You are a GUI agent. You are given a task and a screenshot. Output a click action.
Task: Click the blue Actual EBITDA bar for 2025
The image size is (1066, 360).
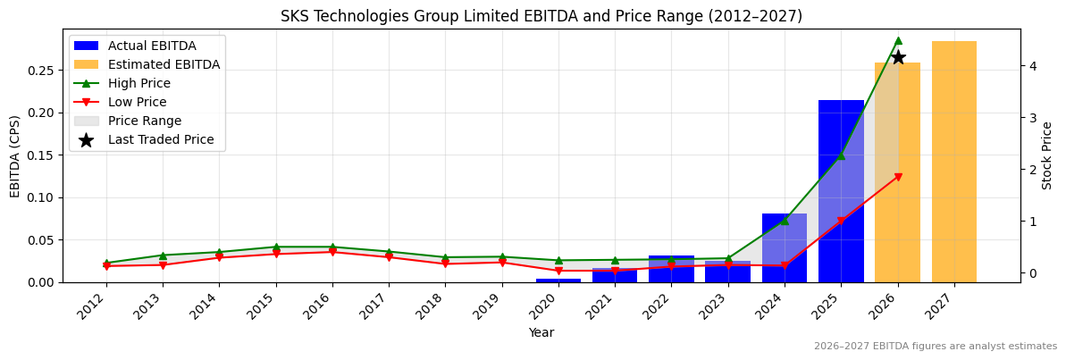pos(841,191)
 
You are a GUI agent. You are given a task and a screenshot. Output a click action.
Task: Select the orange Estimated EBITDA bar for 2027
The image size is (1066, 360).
pos(953,162)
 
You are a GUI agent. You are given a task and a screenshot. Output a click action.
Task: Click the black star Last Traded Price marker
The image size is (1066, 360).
pos(897,57)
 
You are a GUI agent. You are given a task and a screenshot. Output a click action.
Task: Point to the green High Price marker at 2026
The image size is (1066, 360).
pos(897,40)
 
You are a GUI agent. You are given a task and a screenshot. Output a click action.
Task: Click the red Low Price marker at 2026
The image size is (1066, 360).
pos(897,177)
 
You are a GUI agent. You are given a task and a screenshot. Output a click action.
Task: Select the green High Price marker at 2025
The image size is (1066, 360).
pos(841,156)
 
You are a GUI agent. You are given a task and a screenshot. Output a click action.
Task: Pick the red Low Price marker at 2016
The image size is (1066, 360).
pos(332,252)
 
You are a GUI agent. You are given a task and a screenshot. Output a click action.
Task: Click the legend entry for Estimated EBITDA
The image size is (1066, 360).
pos(164,64)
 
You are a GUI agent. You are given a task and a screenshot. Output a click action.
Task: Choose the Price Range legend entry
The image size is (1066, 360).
pos(144,121)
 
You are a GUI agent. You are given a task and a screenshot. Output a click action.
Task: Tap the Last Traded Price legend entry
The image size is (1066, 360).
pos(161,139)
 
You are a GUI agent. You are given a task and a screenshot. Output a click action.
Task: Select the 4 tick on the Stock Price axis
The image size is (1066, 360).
pos(1032,66)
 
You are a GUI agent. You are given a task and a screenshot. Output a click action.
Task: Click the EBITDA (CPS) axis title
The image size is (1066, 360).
pos(15,155)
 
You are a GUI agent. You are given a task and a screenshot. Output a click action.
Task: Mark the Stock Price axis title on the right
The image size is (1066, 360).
pos(1047,155)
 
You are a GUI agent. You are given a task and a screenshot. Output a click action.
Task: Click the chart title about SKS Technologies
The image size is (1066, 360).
pos(541,16)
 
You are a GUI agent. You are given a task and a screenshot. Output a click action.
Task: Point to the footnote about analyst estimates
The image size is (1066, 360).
pos(935,347)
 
